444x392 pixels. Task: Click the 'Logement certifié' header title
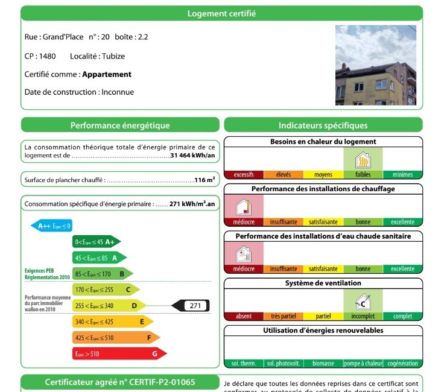(x=221, y=13)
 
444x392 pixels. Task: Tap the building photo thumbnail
(x=375, y=65)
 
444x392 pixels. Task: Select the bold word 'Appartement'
(x=107, y=75)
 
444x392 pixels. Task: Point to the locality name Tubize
(x=113, y=56)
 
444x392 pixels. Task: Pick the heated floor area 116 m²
(x=205, y=180)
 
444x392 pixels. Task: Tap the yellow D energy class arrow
(x=109, y=306)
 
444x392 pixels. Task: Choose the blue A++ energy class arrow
(x=52, y=226)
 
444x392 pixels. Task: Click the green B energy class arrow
(x=101, y=274)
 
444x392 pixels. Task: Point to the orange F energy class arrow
(x=115, y=338)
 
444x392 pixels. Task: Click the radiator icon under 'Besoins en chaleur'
(x=363, y=160)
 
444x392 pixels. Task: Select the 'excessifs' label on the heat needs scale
(x=243, y=175)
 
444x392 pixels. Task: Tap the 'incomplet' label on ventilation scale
(x=363, y=316)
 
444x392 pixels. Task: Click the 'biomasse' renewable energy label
(x=323, y=364)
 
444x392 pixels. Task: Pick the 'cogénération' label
(x=402, y=364)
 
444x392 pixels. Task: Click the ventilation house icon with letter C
(x=363, y=301)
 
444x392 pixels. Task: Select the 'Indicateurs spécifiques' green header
(x=323, y=125)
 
